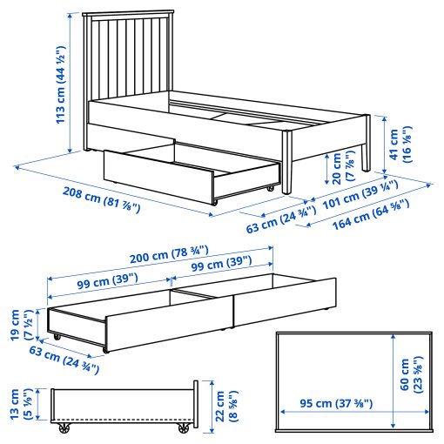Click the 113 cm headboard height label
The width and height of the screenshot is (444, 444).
click(61, 84)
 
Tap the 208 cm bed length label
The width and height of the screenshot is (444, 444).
click(101, 199)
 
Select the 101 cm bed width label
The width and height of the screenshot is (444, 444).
click(360, 194)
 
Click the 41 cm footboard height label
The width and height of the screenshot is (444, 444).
click(400, 145)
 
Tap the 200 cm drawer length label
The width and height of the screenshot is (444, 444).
click(169, 255)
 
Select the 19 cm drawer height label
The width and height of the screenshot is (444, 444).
click(21, 325)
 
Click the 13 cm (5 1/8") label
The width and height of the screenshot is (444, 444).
click(21, 404)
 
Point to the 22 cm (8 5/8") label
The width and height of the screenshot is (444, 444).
click(226, 407)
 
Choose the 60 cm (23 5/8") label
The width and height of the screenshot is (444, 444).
click(411, 374)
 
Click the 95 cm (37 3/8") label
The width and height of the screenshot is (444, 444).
click(336, 403)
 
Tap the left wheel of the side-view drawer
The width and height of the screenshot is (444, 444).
click(64, 428)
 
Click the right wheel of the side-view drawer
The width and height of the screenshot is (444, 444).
click(183, 428)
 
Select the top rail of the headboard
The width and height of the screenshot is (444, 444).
click(128, 14)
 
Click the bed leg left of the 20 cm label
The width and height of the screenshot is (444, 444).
click(286, 162)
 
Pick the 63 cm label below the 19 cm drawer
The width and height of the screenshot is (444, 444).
click(64, 360)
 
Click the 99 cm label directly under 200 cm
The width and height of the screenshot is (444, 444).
click(221, 264)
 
